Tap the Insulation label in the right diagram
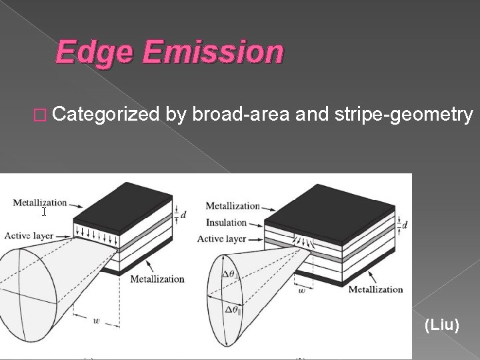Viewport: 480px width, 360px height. [227, 223]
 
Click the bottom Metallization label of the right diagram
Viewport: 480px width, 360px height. [376, 289]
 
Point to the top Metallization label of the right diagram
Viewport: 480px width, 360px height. [233, 205]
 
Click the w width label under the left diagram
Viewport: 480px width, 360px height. [98, 321]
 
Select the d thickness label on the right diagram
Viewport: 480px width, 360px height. [405, 225]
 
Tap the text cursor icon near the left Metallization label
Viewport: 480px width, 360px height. [44, 212]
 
